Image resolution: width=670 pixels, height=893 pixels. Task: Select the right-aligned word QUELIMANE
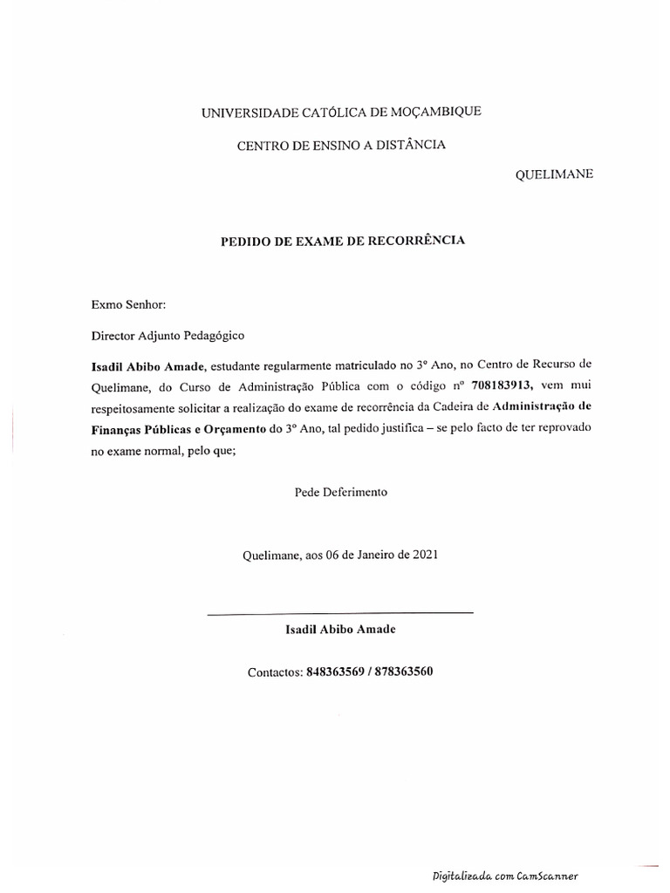pyautogui.click(x=556, y=174)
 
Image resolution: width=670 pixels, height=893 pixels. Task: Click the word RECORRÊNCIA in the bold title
pyautogui.click(x=414, y=240)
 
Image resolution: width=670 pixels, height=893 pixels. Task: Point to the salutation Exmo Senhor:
pyautogui.click(x=128, y=304)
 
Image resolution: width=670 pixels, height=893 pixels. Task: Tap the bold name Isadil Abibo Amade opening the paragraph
pyautogui.click(x=147, y=363)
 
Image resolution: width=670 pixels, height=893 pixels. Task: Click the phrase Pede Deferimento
pyautogui.click(x=340, y=492)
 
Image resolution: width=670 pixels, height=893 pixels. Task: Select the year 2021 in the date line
pyautogui.click(x=422, y=554)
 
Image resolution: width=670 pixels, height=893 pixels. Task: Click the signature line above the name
pyautogui.click(x=340, y=614)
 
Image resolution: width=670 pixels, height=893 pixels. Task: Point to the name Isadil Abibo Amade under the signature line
pyautogui.click(x=340, y=629)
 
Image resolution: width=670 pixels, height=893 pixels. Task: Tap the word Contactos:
pyautogui.click(x=275, y=672)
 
